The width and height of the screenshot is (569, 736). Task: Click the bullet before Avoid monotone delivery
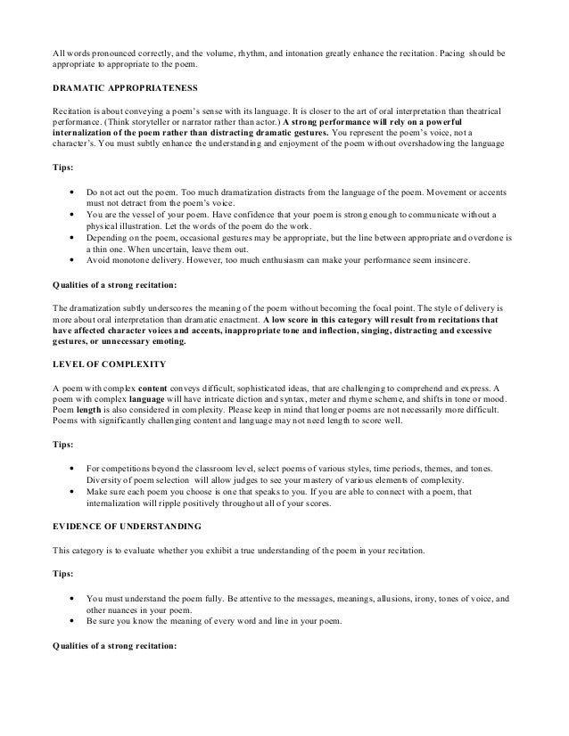70,260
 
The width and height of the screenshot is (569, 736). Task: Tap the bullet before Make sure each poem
70,491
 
